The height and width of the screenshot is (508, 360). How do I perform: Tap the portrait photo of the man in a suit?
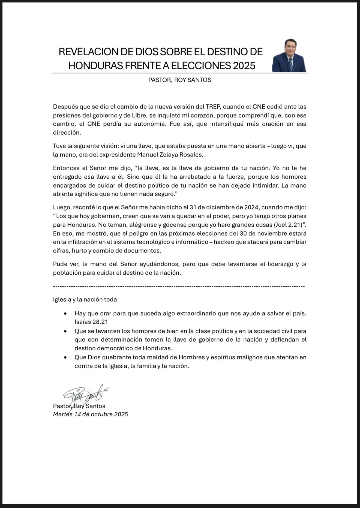pos(289,56)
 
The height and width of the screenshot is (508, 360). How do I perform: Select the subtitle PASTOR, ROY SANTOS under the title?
pos(180,80)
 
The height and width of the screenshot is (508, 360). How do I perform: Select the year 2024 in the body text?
pos(251,207)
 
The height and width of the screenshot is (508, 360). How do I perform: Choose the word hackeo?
pos(224,242)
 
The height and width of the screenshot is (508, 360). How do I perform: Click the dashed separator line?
pos(179,286)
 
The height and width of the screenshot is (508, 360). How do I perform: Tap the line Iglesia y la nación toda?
pos(86,299)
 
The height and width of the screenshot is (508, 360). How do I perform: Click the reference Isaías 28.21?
pos(91,322)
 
